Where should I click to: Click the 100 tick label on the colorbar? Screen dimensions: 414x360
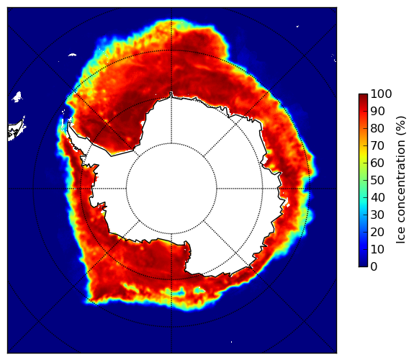coord(381,94)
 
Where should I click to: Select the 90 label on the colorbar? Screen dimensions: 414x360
coord(377,111)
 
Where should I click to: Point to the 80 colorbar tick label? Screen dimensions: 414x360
coord(377,128)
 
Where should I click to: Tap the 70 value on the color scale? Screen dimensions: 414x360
coord(377,145)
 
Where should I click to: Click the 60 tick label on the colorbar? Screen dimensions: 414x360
coord(377,163)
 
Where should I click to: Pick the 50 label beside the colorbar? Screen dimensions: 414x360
coord(377,180)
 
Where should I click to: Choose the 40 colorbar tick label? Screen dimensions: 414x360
coord(377,197)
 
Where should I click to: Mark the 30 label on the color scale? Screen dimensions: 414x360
coord(377,215)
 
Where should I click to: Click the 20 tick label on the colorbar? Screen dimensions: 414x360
coord(377,232)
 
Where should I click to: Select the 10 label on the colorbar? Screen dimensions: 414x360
coord(377,249)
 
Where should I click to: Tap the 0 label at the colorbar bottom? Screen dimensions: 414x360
coord(374,266)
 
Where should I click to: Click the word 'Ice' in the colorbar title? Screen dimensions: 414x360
coord(400,237)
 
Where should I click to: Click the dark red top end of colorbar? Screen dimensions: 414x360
coord(363,95)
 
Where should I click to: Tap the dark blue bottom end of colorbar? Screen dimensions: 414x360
coord(363,265)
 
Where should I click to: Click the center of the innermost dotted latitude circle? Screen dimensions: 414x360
coord(171,189)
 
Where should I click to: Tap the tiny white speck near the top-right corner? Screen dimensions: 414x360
coord(297,26)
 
